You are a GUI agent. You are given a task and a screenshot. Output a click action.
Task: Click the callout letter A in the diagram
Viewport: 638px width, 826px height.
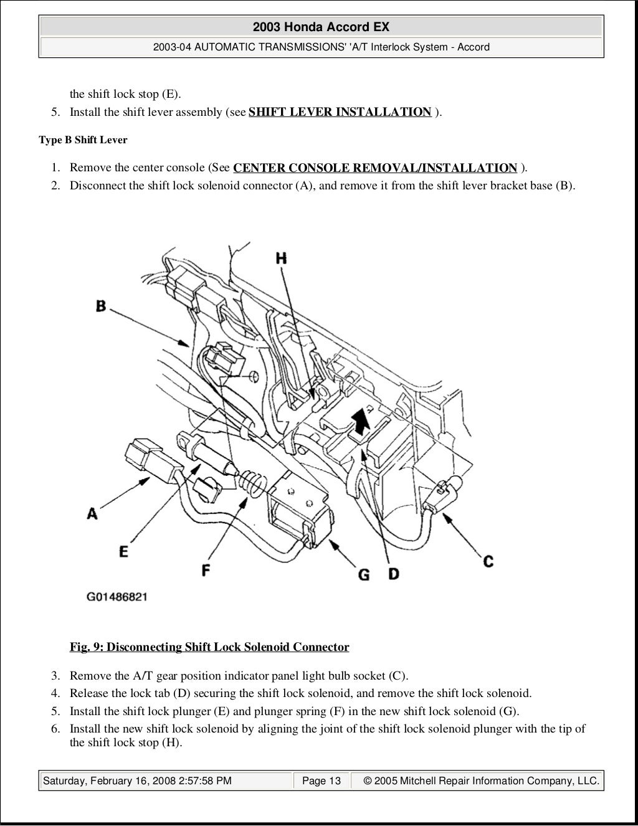(92, 514)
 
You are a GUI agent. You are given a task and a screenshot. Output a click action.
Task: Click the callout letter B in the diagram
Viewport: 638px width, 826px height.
(101, 306)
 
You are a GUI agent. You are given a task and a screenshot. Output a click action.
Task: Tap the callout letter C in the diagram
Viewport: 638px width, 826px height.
(488, 561)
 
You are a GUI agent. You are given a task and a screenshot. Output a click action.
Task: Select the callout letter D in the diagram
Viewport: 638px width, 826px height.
(393, 573)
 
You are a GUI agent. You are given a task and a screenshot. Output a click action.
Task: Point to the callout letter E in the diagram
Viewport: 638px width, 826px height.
(123, 551)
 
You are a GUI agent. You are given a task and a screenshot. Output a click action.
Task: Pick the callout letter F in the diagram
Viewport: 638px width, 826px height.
(206, 569)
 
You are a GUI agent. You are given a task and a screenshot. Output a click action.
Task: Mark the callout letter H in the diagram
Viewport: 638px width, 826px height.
(282, 257)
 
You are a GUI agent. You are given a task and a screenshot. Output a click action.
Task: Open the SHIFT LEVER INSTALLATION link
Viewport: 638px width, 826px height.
(340, 112)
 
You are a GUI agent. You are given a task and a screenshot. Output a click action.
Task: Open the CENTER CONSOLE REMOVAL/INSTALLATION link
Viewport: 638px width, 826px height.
(375, 168)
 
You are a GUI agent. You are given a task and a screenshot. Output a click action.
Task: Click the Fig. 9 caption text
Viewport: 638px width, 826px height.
(209, 647)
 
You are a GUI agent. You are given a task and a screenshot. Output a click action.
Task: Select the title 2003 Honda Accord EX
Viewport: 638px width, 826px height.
(321, 27)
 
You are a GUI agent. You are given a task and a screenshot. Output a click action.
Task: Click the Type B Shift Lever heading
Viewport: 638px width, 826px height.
(83, 140)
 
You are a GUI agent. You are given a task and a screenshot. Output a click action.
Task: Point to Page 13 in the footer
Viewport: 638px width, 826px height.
(321, 781)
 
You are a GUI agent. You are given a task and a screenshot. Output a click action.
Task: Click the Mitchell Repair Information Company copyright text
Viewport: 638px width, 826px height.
(481, 781)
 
